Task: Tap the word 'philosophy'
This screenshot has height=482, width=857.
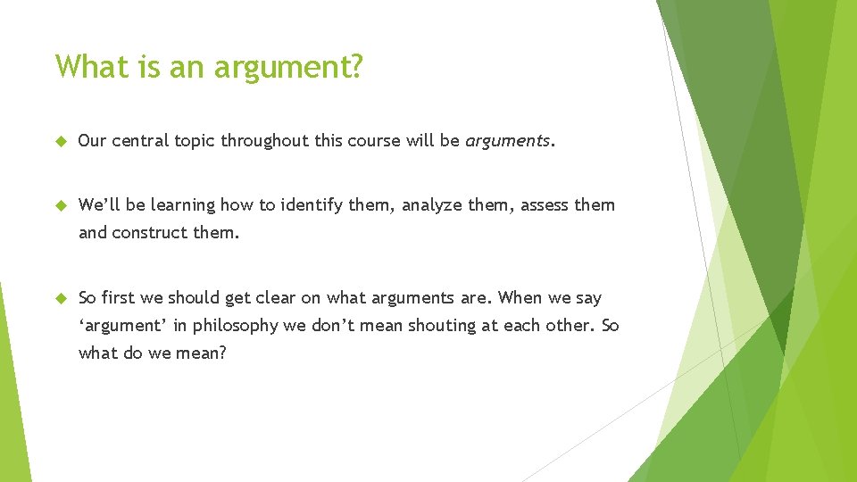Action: pyautogui.click(x=236, y=326)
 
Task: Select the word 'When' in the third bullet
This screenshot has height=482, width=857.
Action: pyautogui.click(x=520, y=297)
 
